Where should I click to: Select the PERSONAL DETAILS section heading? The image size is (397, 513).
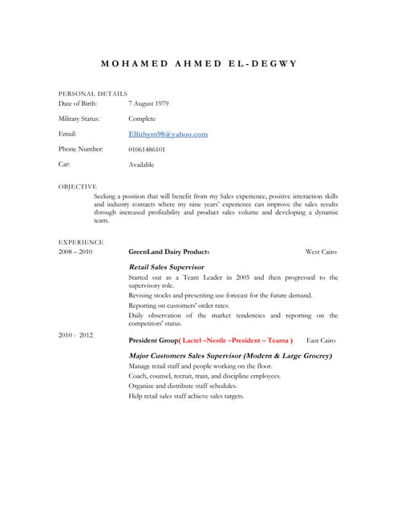(x=93, y=94)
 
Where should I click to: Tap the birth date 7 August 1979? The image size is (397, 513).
(x=148, y=103)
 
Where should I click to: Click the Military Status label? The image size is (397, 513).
(x=79, y=119)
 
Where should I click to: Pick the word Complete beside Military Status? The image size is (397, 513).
(x=142, y=119)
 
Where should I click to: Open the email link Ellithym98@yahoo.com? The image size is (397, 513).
(x=168, y=134)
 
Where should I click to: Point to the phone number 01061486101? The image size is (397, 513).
(x=147, y=149)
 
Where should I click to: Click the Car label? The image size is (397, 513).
(x=64, y=164)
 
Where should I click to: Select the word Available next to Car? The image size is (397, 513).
(x=141, y=164)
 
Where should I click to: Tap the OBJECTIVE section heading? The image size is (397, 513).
(x=78, y=186)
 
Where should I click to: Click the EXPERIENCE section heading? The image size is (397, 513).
(x=81, y=241)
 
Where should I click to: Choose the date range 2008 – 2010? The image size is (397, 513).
(x=75, y=252)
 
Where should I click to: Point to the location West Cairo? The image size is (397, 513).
(x=321, y=252)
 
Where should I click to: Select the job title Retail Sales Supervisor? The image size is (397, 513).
(x=166, y=266)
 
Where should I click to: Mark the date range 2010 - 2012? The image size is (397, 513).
(x=75, y=334)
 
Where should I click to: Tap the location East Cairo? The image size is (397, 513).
(x=322, y=340)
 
